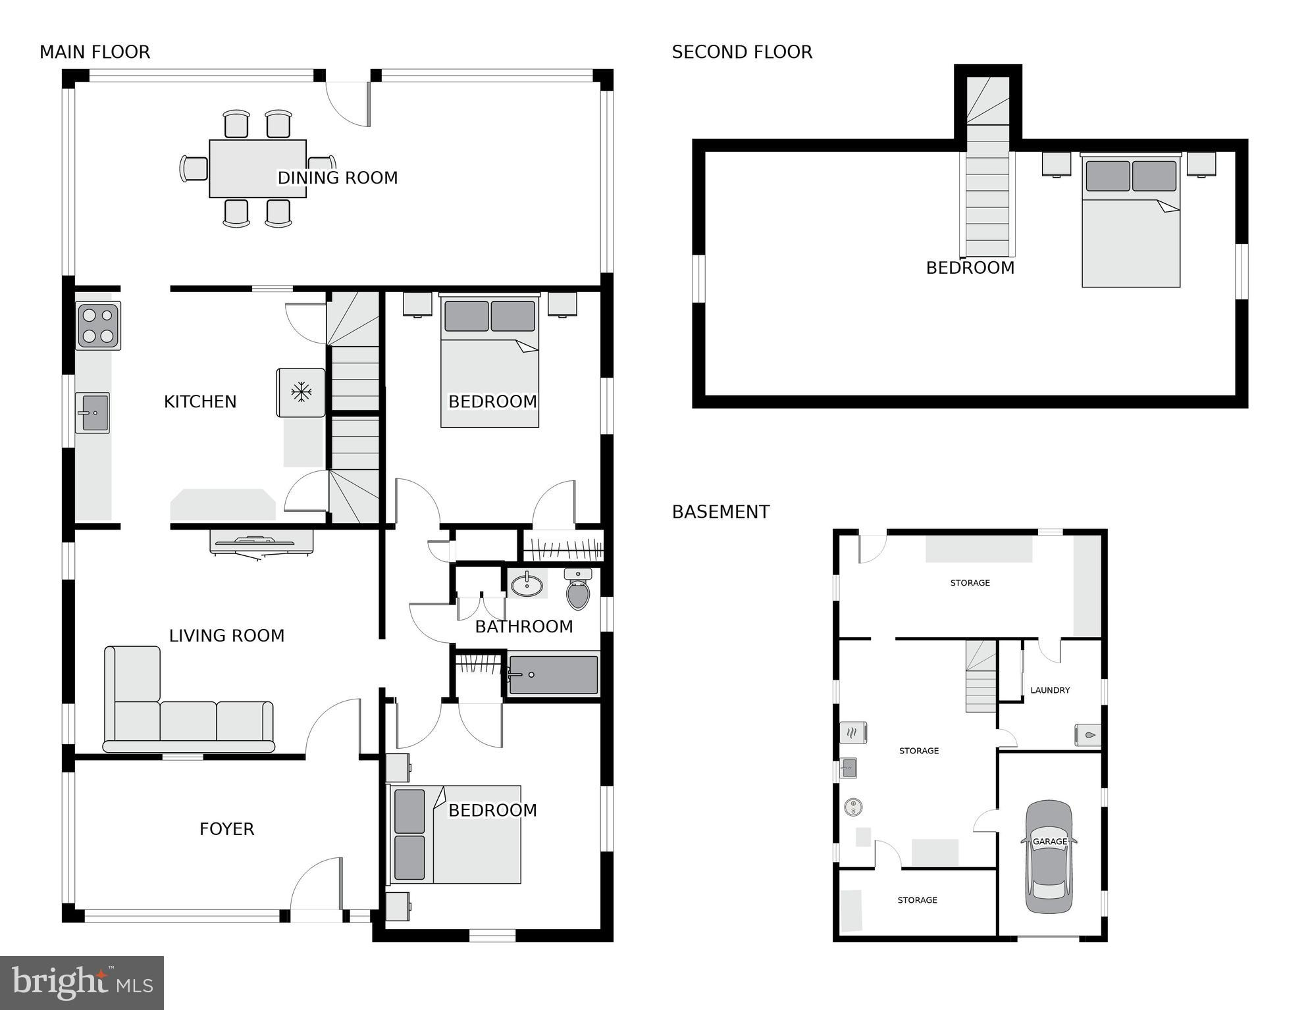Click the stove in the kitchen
(98, 326)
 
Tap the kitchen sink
(93, 413)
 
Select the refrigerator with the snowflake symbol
(301, 393)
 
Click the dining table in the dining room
(257, 168)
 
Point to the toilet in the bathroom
(578, 590)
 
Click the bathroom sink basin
(527, 584)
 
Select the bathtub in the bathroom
(554, 674)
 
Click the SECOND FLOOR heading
(742, 52)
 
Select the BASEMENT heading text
(721, 512)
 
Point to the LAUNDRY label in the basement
(1050, 690)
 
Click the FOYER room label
(226, 829)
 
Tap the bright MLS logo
(82, 982)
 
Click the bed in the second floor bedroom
(1131, 224)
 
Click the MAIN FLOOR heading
(95, 52)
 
